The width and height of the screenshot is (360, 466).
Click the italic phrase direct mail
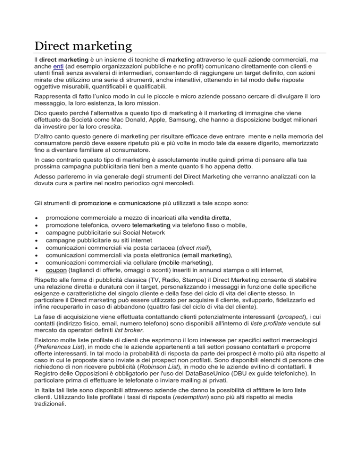pyautogui.click(x=192, y=248)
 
